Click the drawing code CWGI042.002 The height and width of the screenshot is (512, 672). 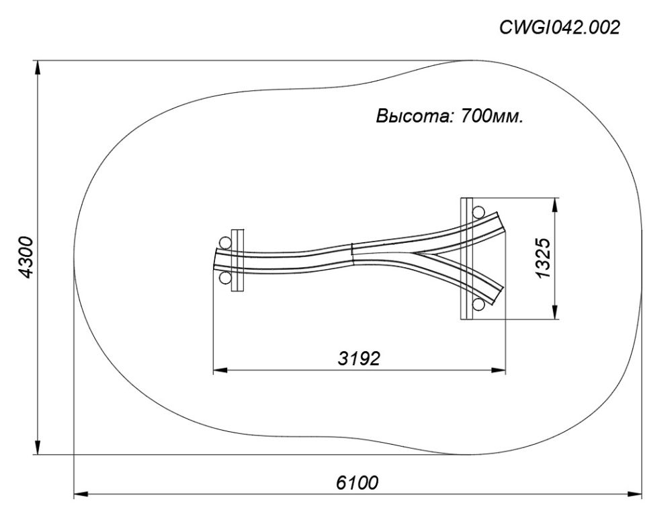click(559, 28)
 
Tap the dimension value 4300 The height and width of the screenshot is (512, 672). click(27, 258)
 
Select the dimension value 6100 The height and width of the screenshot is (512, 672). click(357, 482)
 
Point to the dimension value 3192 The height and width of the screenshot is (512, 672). click(359, 359)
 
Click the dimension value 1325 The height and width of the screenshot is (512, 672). click(542, 258)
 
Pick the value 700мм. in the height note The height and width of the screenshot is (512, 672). click(492, 116)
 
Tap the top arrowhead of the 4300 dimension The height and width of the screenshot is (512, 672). click(38, 67)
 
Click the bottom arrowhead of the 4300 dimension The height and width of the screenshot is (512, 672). click(38, 447)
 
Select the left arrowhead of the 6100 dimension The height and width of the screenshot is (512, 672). click(81, 494)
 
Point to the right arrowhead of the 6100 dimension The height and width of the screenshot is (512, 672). click(635, 494)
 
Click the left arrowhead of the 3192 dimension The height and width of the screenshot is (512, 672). click(220, 369)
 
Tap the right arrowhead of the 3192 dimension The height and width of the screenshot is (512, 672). click(499, 369)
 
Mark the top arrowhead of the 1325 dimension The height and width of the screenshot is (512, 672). click(556, 205)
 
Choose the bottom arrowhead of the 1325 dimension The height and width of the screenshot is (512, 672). click(556, 312)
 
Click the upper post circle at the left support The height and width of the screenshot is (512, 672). click(225, 242)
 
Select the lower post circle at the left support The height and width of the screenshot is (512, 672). click(225, 279)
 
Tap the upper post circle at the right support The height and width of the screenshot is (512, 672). click(478, 212)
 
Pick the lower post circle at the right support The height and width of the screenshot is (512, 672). click(478, 304)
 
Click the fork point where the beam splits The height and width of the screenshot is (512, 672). click(415, 253)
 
